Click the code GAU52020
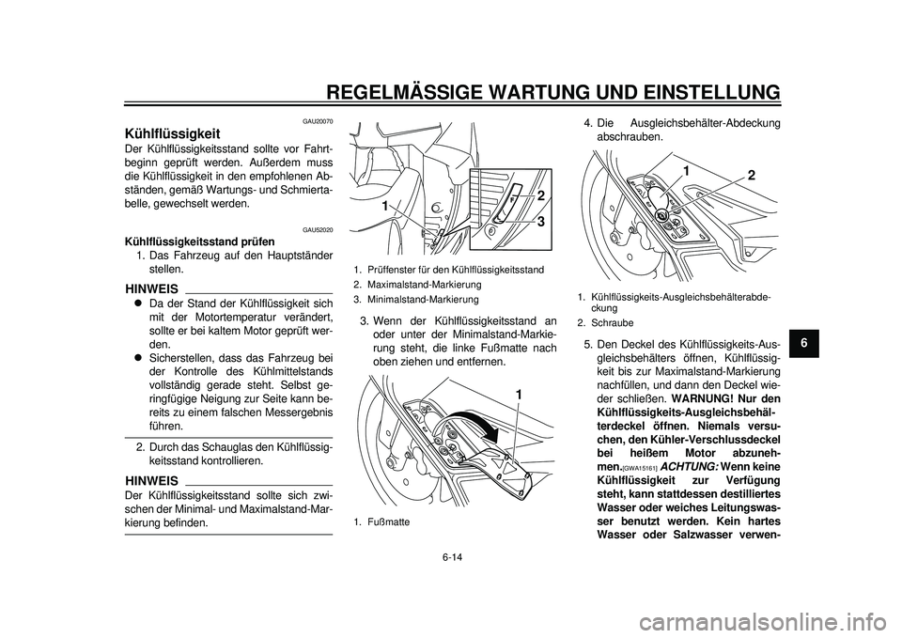pos(317,230)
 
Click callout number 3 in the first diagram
pos(541,222)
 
